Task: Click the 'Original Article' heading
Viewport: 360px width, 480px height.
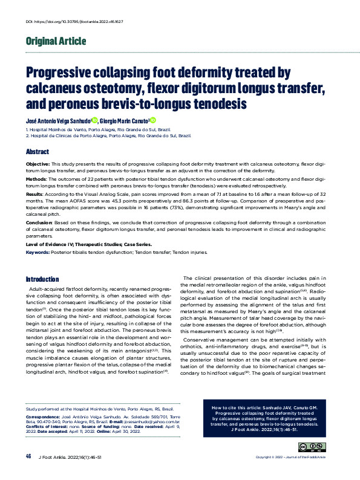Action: click(x=56, y=42)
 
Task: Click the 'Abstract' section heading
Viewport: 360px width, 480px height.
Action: click(x=37, y=152)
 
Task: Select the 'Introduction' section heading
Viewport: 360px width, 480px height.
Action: click(x=42, y=279)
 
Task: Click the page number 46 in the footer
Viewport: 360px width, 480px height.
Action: click(x=28, y=456)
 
